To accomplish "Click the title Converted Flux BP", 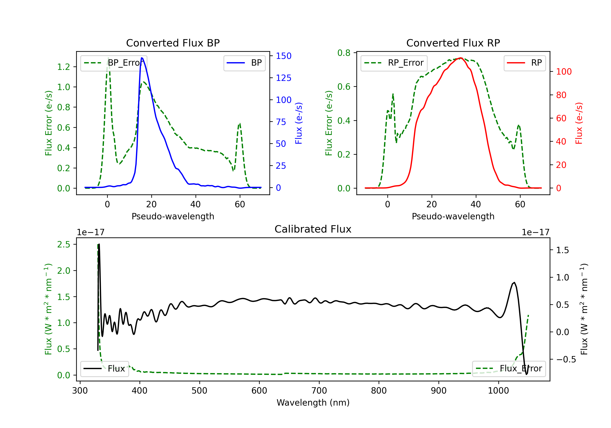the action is (173, 43).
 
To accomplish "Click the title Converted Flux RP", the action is (453, 43).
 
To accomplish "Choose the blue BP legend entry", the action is (244, 63).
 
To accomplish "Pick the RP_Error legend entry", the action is (394, 63).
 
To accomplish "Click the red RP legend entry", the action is (524, 63).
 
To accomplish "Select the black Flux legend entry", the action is (104, 369).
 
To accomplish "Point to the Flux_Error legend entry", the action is (509, 369).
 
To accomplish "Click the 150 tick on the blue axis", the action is (284, 56).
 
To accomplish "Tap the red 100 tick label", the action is (564, 72).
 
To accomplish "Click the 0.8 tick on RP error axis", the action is (344, 53).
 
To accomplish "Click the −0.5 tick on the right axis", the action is (566, 360).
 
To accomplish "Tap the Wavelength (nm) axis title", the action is (313, 403).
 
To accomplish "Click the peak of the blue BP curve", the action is (142, 58).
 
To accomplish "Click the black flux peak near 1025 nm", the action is (514, 282).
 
